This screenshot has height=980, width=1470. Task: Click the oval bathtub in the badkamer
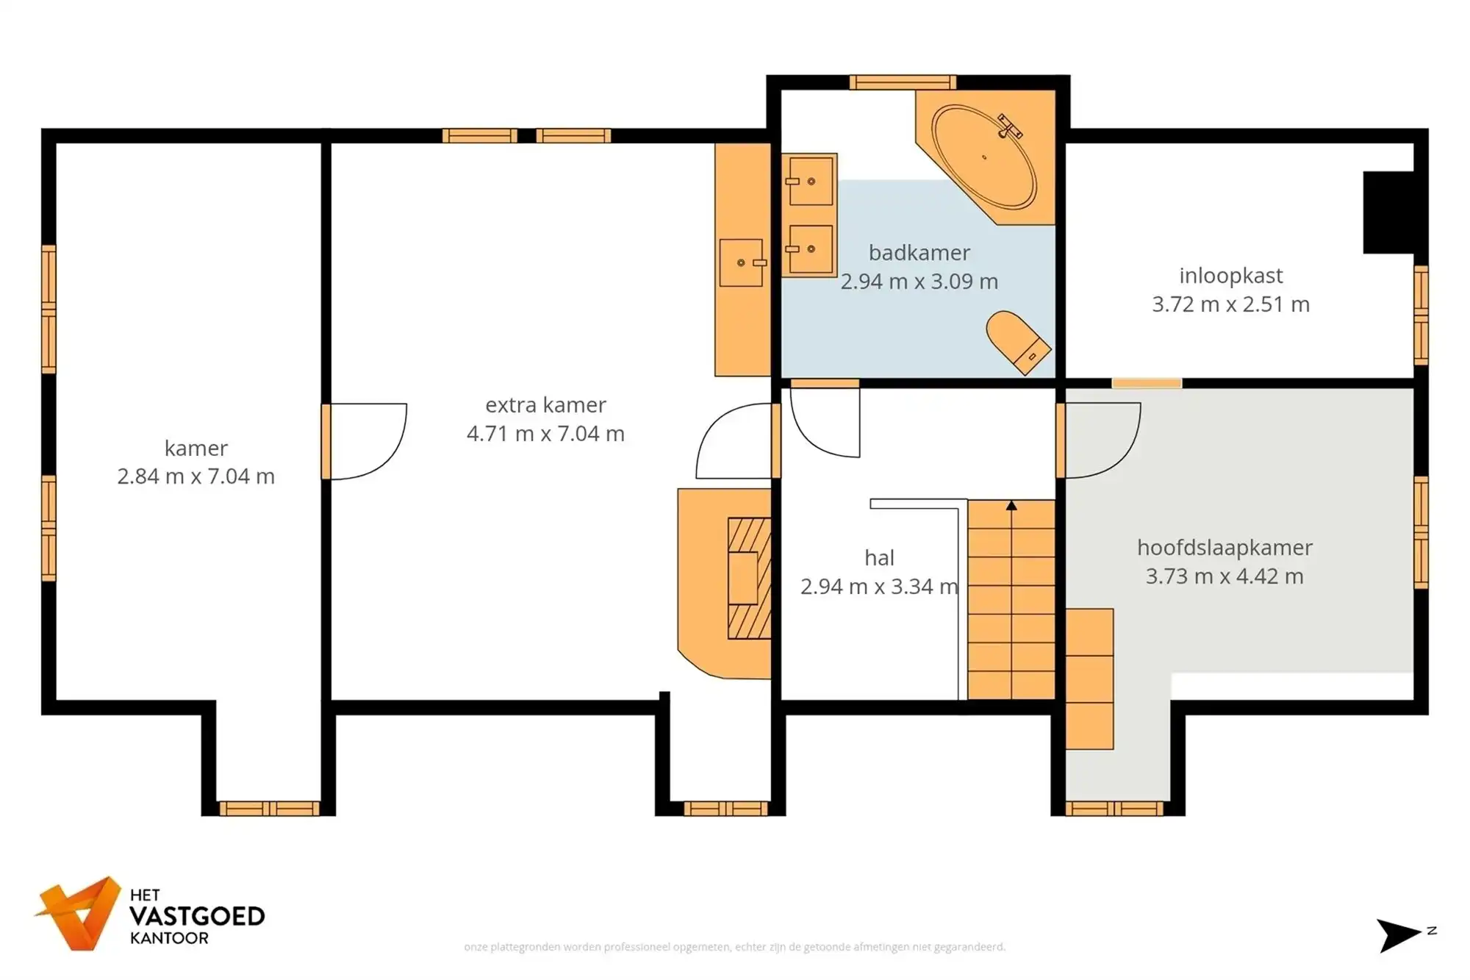pyautogui.click(x=983, y=157)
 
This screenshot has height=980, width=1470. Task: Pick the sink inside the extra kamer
pyautogui.click(x=742, y=262)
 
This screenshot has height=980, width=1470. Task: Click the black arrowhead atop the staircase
pyautogui.click(x=1011, y=505)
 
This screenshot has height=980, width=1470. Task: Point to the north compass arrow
pyautogui.click(x=1396, y=934)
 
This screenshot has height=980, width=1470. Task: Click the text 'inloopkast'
pyautogui.click(x=1230, y=276)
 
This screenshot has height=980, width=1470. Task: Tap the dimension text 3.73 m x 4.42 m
pyautogui.click(x=1225, y=576)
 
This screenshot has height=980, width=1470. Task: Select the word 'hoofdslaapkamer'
pyautogui.click(x=1225, y=548)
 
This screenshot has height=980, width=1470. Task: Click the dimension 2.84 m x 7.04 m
pyautogui.click(x=196, y=476)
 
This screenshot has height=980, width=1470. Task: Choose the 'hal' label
pyautogui.click(x=879, y=558)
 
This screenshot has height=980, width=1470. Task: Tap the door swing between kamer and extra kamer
pyautogui.click(x=365, y=441)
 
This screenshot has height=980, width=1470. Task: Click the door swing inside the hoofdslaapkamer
pyautogui.click(x=1100, y=440)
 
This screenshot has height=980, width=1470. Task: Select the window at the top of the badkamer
pyautogui.click(x=903, y=82)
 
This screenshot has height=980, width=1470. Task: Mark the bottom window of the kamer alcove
pyautogui.click(x=269, y=809)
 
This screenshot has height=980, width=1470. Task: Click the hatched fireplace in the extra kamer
pyautogui.click(x=750, y=579)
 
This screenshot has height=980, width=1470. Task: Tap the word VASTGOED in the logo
pyautogui.click(x=197, y=917)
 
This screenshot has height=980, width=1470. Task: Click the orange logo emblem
pyautogui.click(x=79, y=914)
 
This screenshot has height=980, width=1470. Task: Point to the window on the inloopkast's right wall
pyautogui.click(x=1421, y=315)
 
